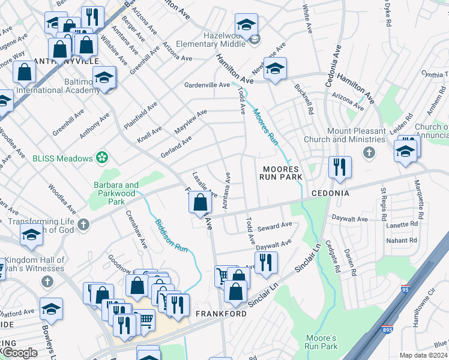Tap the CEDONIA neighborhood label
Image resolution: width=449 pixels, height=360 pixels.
tap(330, 194)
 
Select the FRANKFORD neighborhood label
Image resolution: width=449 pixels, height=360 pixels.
tap(221, 314)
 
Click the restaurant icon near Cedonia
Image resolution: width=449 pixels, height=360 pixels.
tap(340, 167)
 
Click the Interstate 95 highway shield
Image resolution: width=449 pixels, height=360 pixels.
tap(406, 290)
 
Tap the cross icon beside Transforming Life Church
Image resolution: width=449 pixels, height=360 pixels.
tap(83, 225)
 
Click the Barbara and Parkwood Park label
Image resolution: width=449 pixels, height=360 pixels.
tap(115, 190)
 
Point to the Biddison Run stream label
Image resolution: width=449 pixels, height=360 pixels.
tap(167, 230)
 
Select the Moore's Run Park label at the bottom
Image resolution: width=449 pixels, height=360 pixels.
tap(321, 342)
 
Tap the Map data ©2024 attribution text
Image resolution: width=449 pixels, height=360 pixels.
tap(423, 355)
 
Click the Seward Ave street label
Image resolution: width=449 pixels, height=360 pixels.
tap(274, 227)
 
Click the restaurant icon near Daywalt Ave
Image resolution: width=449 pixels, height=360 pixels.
tap(266, 262)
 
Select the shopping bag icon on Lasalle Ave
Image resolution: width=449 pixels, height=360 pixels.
tap(200, 202)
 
